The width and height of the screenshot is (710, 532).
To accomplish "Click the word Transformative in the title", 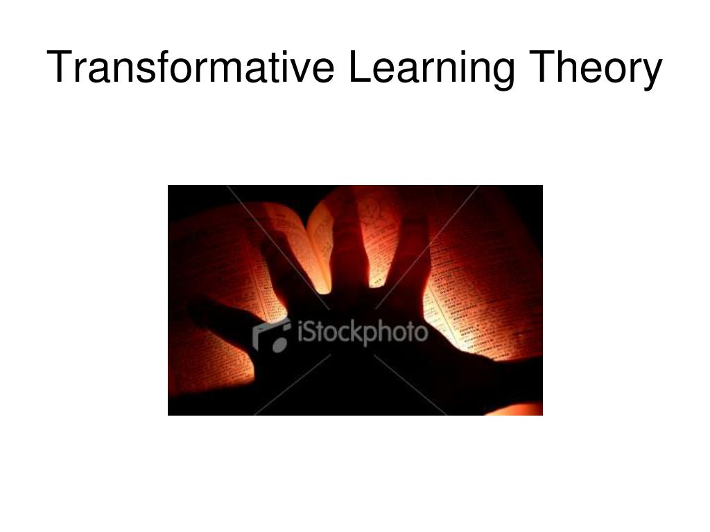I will pos(191,68).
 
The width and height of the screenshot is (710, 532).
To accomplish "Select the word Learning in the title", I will pos(431,68).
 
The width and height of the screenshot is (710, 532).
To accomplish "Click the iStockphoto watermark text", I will pos(361,333).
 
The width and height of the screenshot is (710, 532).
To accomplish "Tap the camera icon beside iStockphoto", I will pos(271,335).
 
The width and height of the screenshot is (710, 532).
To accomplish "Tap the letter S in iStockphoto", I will pos(309,333).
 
